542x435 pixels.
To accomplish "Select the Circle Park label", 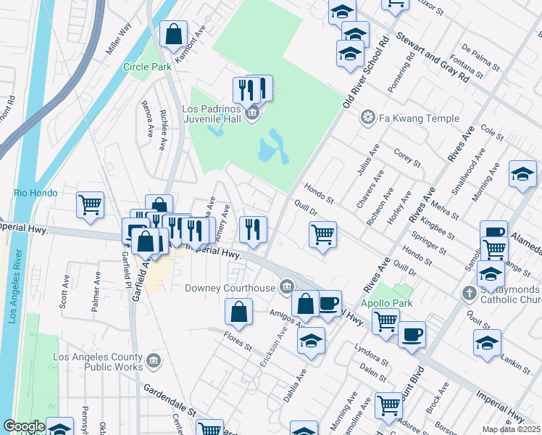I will coord(147,67).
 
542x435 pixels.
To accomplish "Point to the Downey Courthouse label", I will coord(239,288).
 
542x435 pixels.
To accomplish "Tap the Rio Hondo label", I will coord(30,193).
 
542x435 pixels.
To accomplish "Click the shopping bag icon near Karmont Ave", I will coord(174,33).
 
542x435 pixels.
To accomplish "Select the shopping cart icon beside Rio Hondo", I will coord(91,204).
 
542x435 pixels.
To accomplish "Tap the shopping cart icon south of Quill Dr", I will coord(322,233).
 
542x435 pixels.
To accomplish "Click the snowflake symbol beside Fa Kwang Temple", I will coord(368,118).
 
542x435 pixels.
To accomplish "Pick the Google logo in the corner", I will coord(24,426).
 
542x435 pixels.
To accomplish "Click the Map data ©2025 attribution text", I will coord(511,429).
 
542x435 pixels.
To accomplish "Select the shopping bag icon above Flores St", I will coord(238,312).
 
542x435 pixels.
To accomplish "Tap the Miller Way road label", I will coord(119,38).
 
